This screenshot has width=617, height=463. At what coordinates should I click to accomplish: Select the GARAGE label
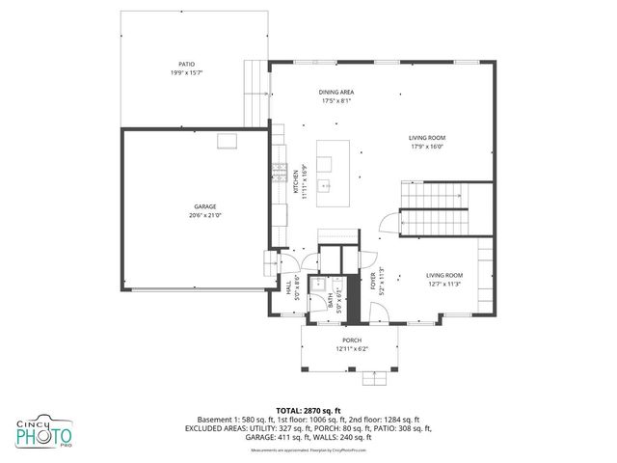coord(204,206)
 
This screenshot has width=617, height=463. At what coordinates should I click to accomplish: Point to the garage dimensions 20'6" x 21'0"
coord(204,215)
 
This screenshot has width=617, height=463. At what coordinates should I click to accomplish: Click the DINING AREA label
coord(336,92)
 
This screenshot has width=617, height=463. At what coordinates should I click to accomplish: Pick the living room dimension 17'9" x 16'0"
coord(428,147)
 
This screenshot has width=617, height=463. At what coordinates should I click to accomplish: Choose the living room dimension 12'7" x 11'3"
coord(444,284)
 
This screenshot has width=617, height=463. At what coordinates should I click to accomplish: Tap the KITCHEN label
coord(296,183)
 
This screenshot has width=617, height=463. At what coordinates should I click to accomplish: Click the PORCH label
coord(352,340)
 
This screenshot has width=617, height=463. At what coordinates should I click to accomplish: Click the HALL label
coord(288,286)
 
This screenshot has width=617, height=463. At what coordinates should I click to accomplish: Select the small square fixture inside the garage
coord(228,143)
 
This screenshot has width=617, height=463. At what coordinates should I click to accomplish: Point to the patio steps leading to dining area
coord(256,92)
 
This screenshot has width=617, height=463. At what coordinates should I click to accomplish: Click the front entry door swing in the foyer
coord(379,310)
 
